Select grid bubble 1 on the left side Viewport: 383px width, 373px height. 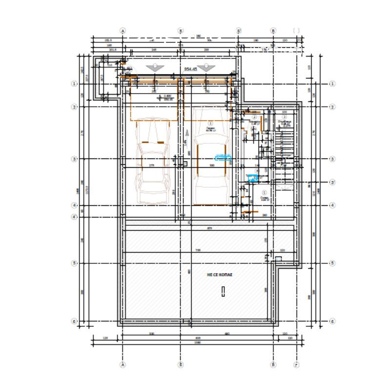click(74, 84)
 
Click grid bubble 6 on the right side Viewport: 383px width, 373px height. click(332, 321)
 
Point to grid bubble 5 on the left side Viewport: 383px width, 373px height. click(74, 263)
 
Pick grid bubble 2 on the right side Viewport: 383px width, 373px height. click(332, 107)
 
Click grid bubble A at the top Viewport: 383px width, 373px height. click(123, 30)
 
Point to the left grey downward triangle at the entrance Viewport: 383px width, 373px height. click(154, 68)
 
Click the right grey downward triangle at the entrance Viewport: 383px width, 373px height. click(206, 68)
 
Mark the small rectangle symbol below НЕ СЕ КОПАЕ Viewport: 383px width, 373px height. click(222, 292)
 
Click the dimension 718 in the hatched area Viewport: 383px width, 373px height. click(198, 250)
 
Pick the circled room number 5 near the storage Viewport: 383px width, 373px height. click(264, 193)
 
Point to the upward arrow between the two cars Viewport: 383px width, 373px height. click(187, 133)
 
